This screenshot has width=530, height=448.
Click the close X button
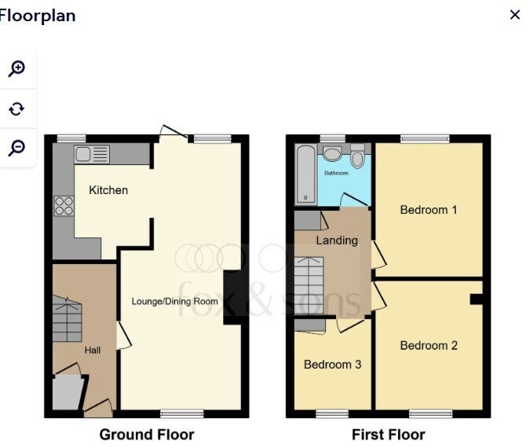point(515,15)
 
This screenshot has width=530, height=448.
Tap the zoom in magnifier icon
point(16,69)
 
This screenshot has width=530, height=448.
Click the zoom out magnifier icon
point(16,148)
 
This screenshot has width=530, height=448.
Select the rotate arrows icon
point(16,109)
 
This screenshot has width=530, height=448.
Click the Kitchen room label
point(108,190)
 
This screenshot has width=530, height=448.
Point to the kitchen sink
point(92,155)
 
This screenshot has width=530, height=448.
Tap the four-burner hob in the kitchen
point(64,206)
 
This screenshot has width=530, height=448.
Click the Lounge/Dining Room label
point(175,302)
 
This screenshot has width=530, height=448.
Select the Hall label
point(93,351)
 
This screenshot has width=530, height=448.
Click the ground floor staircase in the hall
point(68,319)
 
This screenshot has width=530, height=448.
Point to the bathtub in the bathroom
point(305,174)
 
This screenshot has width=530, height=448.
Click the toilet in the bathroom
point(357,156)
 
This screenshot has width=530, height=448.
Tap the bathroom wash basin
point(332,153)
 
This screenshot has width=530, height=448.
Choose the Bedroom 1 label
point(429,210)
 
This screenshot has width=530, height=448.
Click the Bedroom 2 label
point(429,346)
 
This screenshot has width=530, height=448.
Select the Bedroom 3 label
point(333,365)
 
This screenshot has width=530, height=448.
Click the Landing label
point(337,241)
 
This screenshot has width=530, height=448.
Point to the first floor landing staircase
point(309,285)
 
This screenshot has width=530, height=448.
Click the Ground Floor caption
point(147,435)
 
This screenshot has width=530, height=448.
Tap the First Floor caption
point(389,435)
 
